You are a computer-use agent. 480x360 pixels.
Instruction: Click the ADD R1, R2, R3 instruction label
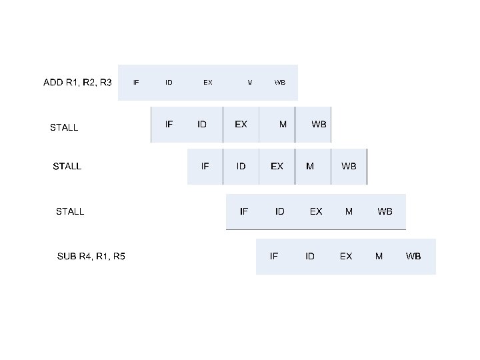point(77,83)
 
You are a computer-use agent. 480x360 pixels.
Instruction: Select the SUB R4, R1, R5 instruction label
point(91,256)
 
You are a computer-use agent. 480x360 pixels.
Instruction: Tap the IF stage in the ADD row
point(136,83)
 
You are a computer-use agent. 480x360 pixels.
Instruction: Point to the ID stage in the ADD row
point(169,83)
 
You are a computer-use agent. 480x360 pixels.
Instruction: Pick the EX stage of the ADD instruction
point(208,83)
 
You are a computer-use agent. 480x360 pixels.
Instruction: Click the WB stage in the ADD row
point(280,83)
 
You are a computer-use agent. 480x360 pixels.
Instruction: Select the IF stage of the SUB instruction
point(274,256)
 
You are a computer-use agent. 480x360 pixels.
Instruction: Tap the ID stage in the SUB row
point(310,256)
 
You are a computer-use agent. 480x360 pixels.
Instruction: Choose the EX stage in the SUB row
point(346,256)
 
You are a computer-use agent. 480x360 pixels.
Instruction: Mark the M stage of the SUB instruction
point(379,256)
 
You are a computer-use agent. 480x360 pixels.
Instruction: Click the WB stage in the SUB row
point(413,256)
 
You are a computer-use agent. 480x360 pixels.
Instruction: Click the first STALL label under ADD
point(64,127)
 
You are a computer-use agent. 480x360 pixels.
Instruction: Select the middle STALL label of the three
point(67,166)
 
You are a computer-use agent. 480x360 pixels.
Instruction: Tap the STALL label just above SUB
point(70,211)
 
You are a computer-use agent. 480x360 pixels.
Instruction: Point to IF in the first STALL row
point(169,124)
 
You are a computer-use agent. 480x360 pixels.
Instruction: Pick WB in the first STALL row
point(319,124)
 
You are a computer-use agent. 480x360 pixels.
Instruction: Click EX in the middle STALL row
point(277,166)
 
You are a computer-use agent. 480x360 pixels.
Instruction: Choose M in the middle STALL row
point(310,166)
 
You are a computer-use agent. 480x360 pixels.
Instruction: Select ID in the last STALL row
point(280,211)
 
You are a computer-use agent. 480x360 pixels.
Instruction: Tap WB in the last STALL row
point(385,211)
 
